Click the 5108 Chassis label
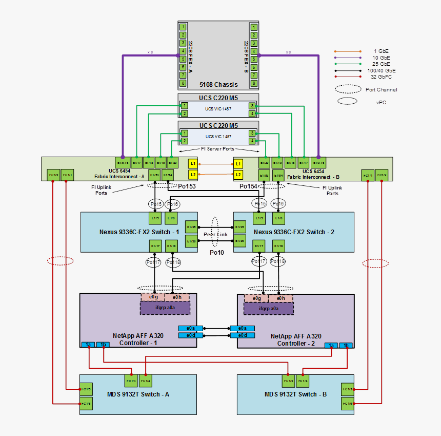(218, 84)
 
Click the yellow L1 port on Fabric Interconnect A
(193, 164)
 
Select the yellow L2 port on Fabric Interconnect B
(238, 175)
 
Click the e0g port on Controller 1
(153, 298)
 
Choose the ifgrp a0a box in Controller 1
(165, 308)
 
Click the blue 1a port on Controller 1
(88, 344)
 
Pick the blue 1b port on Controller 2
(346, 346)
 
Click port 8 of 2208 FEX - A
(182, 83)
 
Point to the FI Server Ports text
(217, 149)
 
